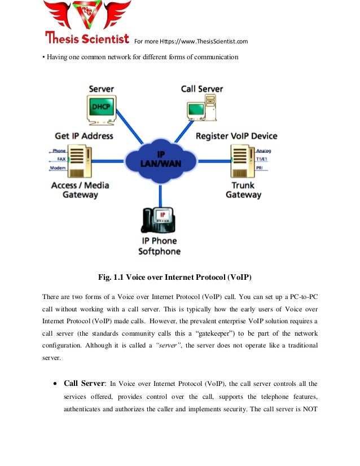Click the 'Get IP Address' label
click(84, 135)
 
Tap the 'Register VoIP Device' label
click(236, 136)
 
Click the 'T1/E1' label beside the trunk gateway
click(263, 159)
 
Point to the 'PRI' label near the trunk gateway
click(260, 168)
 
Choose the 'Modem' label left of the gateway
click(58, 168)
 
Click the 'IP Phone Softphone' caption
click(159, 246)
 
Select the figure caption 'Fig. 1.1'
click(111, 277)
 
